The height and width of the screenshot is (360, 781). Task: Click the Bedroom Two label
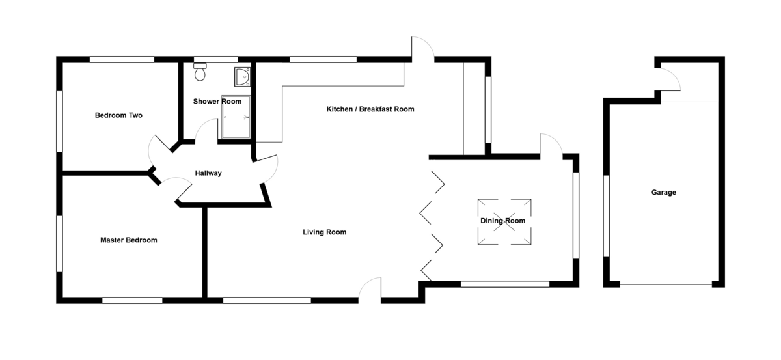point(118,115)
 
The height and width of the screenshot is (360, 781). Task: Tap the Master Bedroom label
point(129,240)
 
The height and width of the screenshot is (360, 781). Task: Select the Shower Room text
point(217,102)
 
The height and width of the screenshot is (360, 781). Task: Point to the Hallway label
point(208,173)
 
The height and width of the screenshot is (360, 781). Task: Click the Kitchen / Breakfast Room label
point(370,109)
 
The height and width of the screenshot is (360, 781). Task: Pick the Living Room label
point(324,232)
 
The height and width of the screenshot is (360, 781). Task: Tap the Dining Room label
point(502,221)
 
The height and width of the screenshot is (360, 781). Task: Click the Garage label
point(664,193)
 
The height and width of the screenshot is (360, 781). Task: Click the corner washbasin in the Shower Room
point(243,77)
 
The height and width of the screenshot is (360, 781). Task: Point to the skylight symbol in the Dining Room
point(504,221)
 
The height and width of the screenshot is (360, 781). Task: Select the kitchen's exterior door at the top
point(422,49)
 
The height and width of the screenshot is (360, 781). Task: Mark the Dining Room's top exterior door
point(550,145)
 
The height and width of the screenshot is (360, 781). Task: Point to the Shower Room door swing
point(208,131)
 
